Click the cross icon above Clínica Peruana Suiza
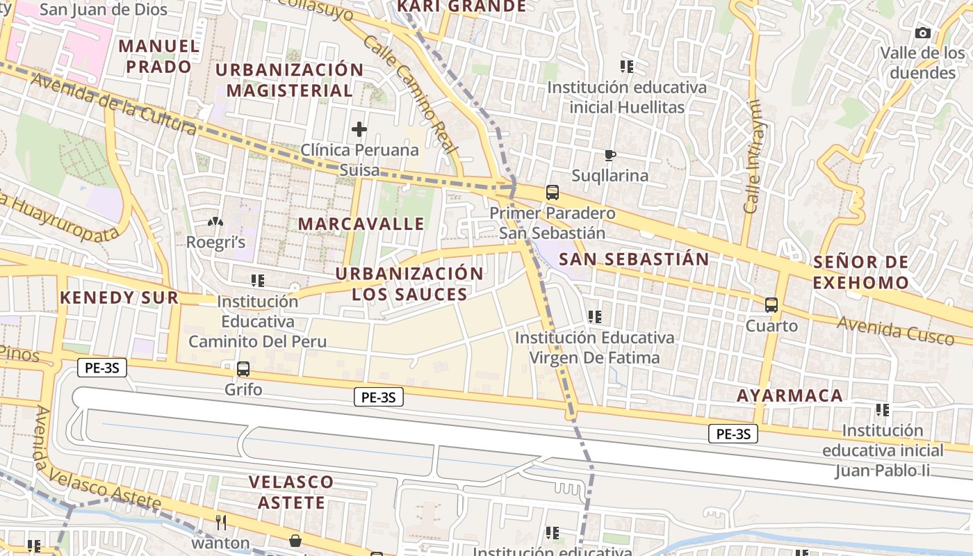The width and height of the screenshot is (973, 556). [359, 129]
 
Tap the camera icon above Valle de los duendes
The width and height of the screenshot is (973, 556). [923, 33]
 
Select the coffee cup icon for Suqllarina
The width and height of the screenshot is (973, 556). [610, 155]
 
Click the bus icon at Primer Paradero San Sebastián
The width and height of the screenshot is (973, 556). [553, 192]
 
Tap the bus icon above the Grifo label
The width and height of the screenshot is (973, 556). [243, 369]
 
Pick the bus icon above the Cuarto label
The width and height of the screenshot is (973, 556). [771, 304]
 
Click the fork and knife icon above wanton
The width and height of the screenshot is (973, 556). [221, 522]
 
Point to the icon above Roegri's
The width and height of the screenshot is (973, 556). [215, 222]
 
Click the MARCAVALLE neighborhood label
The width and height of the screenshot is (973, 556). [361, 224]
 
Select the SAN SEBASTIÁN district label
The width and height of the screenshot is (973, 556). [634, 260]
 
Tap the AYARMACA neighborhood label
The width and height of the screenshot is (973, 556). [790, 396]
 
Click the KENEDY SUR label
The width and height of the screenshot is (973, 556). [119, 298]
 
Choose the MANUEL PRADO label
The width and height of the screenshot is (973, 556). [159, 57]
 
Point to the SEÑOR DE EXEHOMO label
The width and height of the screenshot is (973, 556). [860, 272]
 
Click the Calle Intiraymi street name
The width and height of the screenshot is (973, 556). [752, 156]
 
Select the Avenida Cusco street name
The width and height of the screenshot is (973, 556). [895, 331]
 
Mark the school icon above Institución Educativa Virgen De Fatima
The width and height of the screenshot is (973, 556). [594, 317]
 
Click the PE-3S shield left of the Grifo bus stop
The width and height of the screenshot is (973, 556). [102, 368]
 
